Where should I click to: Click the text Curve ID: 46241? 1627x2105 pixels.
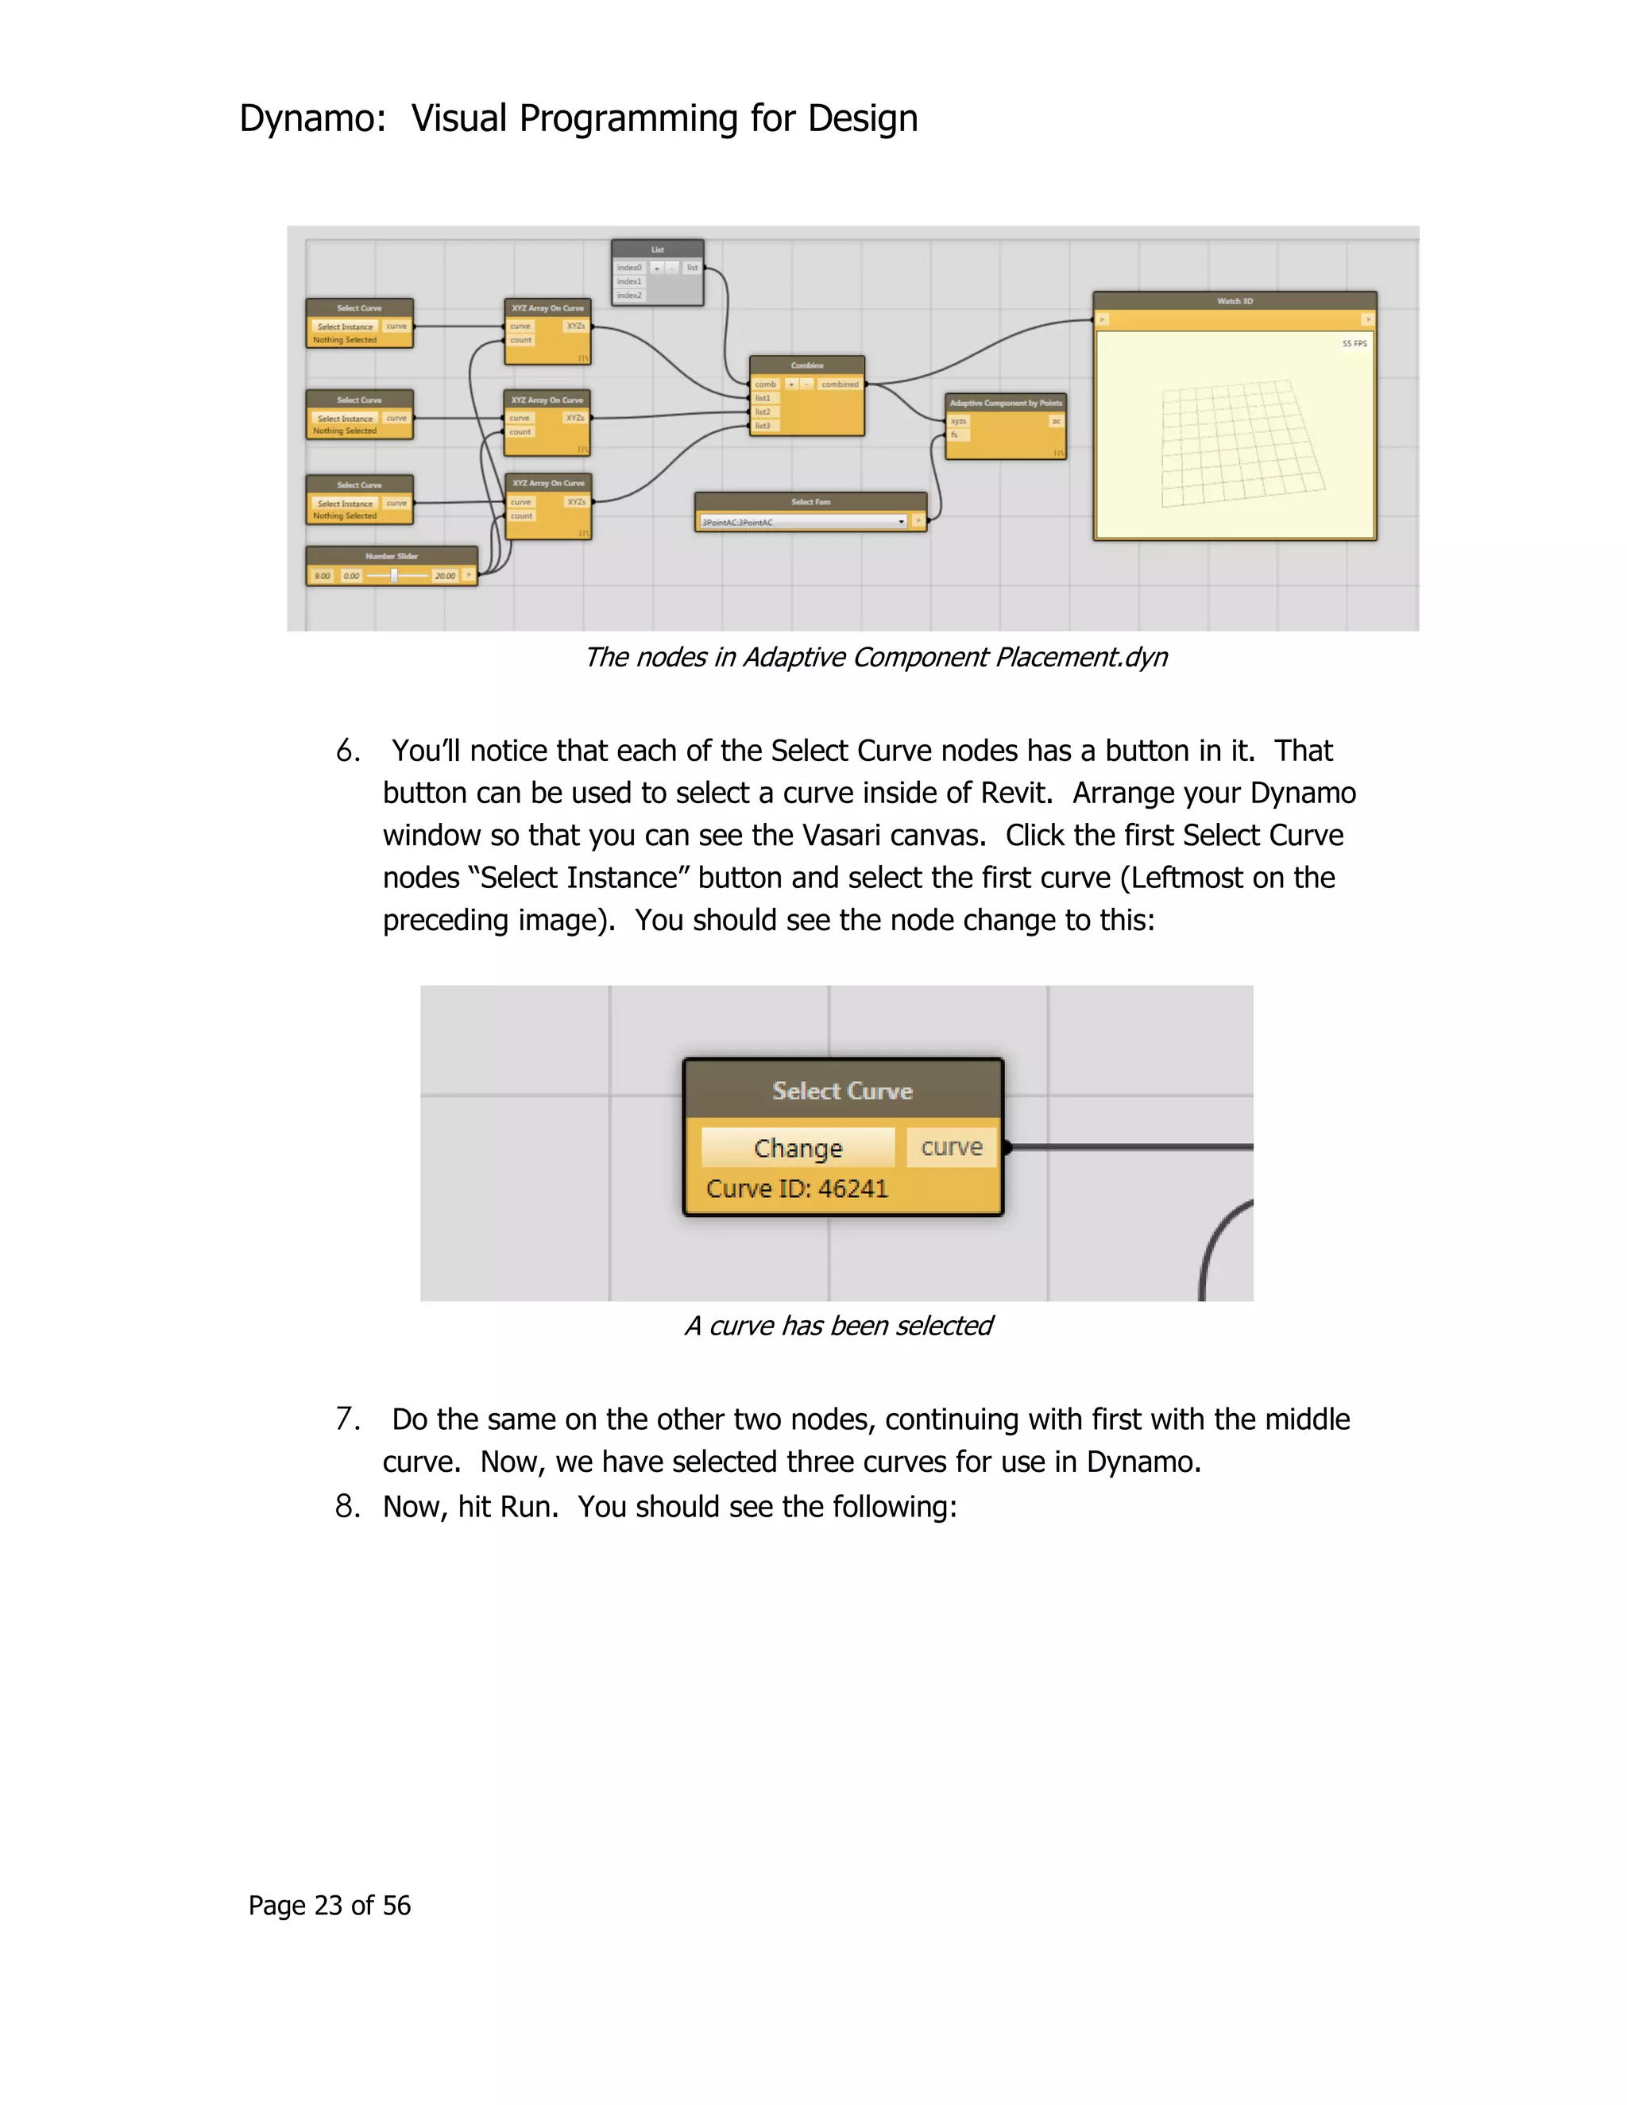(x=796, y=1188)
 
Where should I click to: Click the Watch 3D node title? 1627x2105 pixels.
(x=1234, y=301)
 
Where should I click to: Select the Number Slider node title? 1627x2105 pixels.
(x=392, y=556)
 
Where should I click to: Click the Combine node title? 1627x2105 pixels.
(x=807, y=365)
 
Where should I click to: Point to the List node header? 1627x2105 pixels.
(x=657, y=249)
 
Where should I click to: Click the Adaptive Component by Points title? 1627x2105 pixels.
(x=1005, y=403)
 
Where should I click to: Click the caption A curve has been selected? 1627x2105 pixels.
(x=837, y=1327)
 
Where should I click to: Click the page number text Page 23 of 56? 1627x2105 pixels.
(x=330, y=1906)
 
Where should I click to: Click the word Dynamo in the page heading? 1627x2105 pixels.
(x=307, y=118)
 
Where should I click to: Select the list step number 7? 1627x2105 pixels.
(x=347, y=1419)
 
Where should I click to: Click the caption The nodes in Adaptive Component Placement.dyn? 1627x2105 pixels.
(x=875, y=658)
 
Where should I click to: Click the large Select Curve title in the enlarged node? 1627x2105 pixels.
(x=841, y=1091)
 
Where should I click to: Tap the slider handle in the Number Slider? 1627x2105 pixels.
(x=393, y=575)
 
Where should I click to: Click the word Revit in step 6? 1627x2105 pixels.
(x=1011, y=794)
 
